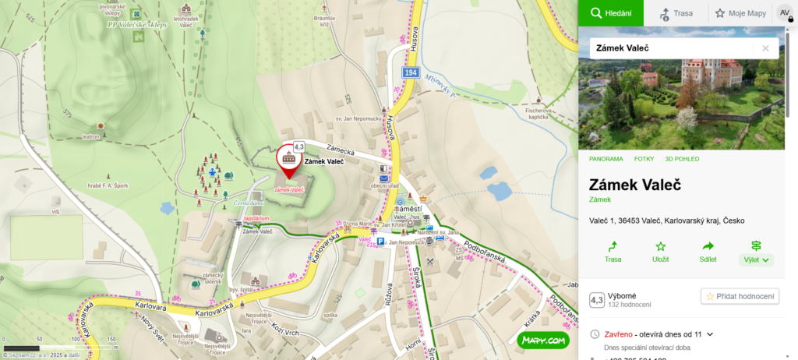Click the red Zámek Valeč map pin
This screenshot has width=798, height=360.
(x=288, y=158)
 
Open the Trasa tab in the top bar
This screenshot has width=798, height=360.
(x=676, y=13)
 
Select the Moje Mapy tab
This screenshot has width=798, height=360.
(x=740, y=13)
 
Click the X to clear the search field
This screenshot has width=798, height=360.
(x=765, y=48)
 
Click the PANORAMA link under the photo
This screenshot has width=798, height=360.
(x=606, y=159)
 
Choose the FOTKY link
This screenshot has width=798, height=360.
(x=644, y=159)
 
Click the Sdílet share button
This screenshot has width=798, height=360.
(x=708, y=251)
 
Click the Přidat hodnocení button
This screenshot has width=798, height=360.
(x=740, y=296)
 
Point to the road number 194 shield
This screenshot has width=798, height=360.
(x=411, y=72)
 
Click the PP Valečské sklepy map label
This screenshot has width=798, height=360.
(x=137, y=24)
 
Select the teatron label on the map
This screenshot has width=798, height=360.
(x=91, y=136)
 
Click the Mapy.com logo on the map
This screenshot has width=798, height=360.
(x=542, y=340)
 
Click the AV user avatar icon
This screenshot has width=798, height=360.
(x=784, y=13)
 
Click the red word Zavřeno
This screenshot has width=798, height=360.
(x=619, y=334)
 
